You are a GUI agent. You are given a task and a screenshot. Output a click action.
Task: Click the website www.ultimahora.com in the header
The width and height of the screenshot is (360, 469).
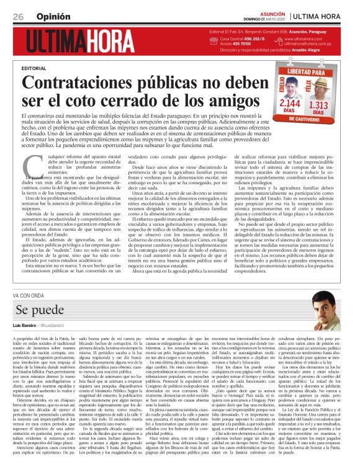coord(306,39)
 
